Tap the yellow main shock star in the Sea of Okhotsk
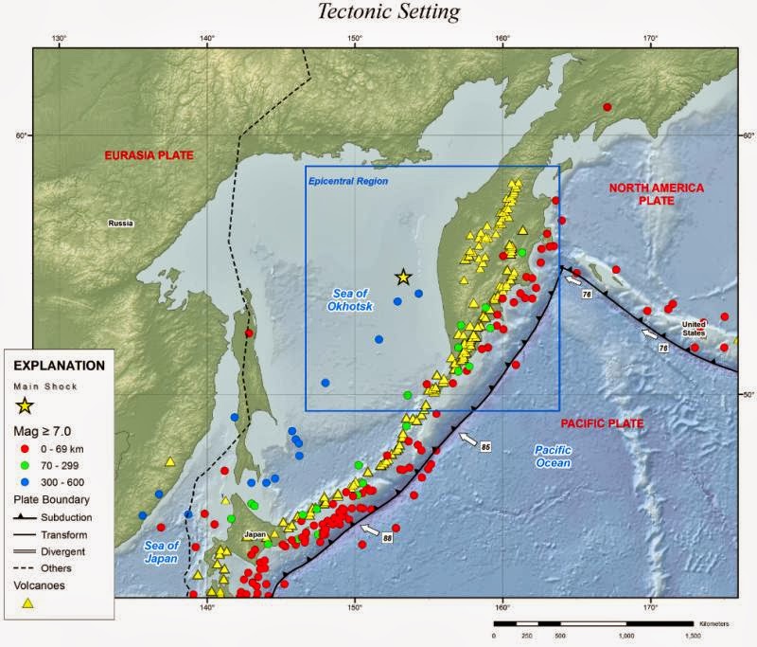[x=403, y=277]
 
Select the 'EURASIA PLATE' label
[x=149, y=154]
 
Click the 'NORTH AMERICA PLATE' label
[x=656, y=194]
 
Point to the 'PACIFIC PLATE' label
[x=602, y=423]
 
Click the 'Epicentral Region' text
[x=348, y=181]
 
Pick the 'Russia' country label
[x=120, y=224]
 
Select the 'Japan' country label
[x=255, y=534]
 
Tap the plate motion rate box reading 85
[x=486, y=446]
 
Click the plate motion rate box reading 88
[x=387, y=538]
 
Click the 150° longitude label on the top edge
[x=354, y=39]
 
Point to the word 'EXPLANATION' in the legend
[x=58, y=365]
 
